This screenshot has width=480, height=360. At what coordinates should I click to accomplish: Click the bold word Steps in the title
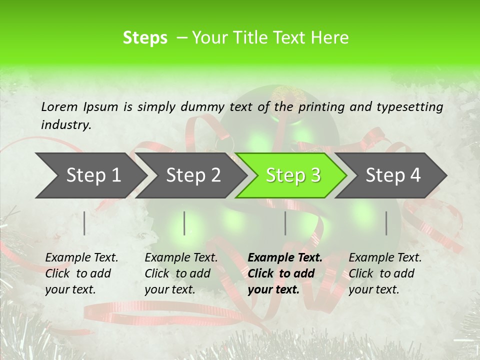(x=145, y=38)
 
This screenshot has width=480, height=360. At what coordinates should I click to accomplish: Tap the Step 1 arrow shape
(x=93, y=175)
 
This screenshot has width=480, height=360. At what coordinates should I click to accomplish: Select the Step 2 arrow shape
(x=193, y=175)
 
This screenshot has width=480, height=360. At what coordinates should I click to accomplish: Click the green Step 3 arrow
(x=293, y=175)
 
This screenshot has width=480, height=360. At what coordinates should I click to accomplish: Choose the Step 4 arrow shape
(x=393, y=175)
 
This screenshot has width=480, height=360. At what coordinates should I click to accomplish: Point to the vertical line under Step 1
(x=84, y=223)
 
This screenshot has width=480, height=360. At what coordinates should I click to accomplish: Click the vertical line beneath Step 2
(x=184, y=223)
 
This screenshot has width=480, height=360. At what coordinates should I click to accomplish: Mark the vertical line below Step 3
(x=285, y=223)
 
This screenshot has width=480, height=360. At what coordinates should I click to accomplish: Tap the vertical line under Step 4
(x=386, y=223)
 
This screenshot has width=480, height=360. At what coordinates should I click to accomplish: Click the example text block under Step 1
(x=81, y=273)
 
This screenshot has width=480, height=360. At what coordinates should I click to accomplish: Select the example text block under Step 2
(x=181, y=273)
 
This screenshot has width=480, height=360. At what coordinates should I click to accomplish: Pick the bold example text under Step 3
(x=285, y=273)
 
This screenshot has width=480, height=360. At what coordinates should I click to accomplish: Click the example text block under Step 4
(x=385, y=273)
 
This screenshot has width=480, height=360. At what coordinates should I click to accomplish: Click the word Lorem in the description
(x=59, y=106)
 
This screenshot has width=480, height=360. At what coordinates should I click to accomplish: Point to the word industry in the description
(x=65, y=125)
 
